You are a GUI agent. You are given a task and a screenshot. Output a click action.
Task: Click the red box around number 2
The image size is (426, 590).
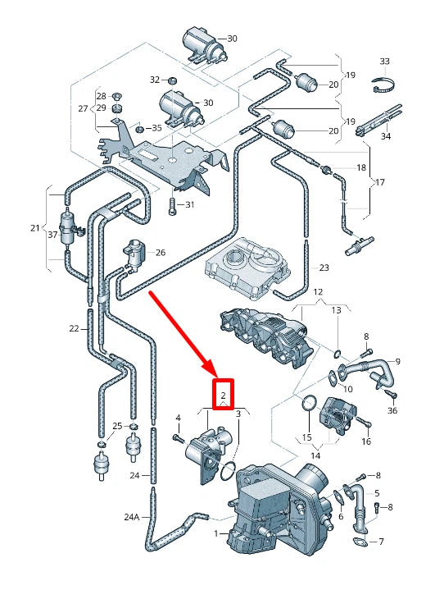click(x=223, y=394)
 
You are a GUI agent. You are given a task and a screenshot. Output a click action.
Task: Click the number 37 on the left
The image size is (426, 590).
click(x=53, y=235)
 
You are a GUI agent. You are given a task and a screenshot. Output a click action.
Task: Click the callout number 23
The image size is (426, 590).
click(x=324, y=268)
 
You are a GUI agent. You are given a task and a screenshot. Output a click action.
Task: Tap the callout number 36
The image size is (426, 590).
click(x=392, y=411)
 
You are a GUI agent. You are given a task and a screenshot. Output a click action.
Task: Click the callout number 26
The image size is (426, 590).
click(x=160, y=253)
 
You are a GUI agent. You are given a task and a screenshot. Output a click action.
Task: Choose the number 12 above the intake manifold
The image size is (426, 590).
click(x=318, y=292)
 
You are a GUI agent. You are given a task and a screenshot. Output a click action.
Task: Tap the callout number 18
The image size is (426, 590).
click(x=360, y=167)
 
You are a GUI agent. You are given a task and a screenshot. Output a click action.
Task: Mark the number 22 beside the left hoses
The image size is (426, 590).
click(x=74, y=328)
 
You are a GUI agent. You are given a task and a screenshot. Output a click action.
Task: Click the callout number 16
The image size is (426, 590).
click(x=366, y=441)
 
